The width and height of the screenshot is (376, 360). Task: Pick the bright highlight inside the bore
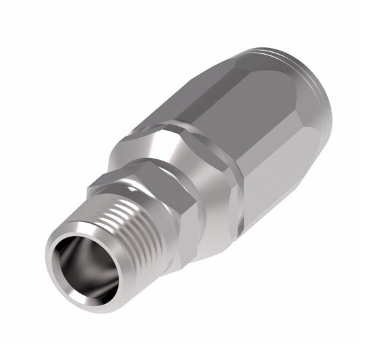93,263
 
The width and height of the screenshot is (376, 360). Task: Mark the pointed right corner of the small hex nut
193,200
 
